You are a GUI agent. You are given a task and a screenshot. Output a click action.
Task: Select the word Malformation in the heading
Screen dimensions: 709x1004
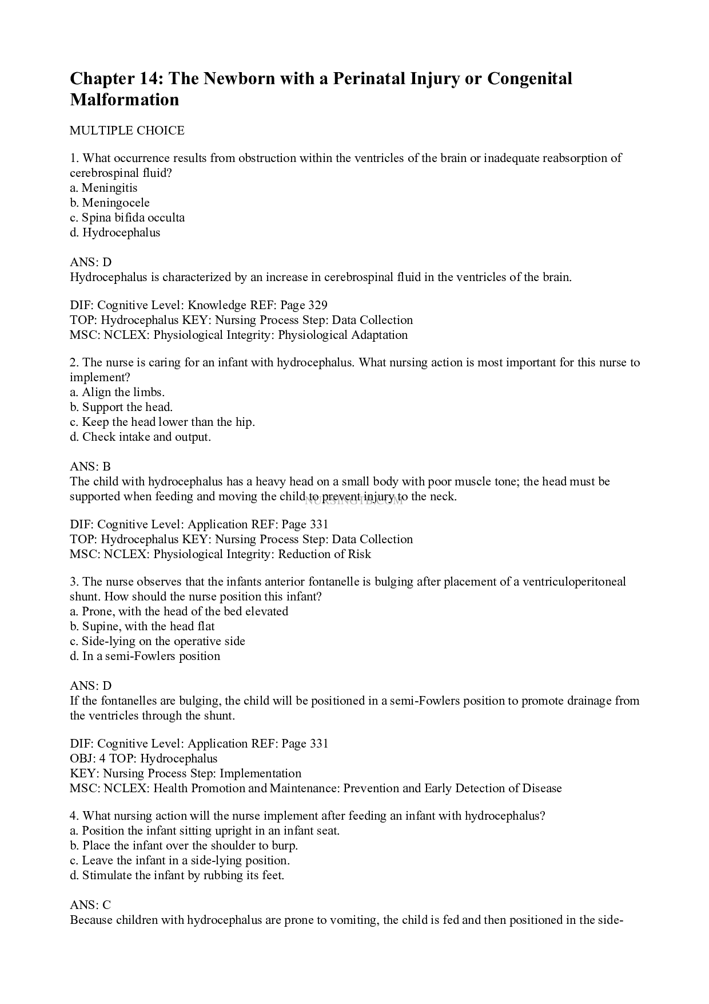coord(124,100)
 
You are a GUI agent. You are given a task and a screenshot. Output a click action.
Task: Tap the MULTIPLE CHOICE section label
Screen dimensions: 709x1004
coord(127,131)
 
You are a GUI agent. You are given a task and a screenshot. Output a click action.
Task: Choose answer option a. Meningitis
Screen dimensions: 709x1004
coord(103,188)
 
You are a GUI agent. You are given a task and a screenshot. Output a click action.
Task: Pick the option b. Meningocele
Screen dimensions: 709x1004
coord(110,203)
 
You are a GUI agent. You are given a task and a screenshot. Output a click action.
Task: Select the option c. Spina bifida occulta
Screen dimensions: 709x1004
coord(127,218)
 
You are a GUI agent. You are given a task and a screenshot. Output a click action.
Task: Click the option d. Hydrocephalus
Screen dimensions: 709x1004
coord(115,232)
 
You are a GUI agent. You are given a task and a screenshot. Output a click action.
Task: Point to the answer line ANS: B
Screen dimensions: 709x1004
coord(90,467)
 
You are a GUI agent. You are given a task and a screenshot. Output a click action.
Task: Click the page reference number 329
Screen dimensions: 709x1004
coord(317,305)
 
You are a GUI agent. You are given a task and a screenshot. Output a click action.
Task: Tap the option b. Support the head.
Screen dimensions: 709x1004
coord(121,407)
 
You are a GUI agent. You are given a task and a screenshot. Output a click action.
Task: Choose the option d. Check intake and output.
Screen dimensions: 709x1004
coord(141,437)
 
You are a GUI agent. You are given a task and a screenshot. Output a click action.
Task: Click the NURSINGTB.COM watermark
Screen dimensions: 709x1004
coord(354,501)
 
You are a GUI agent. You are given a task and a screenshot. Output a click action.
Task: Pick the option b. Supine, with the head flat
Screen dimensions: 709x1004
coord(142,626)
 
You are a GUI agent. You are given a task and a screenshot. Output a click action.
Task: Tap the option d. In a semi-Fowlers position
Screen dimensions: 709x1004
coord(145,656)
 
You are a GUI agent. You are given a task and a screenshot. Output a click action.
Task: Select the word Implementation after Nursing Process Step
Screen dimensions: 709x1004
coord(260,773)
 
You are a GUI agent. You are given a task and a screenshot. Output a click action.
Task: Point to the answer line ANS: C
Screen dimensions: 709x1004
coord(90,905)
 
